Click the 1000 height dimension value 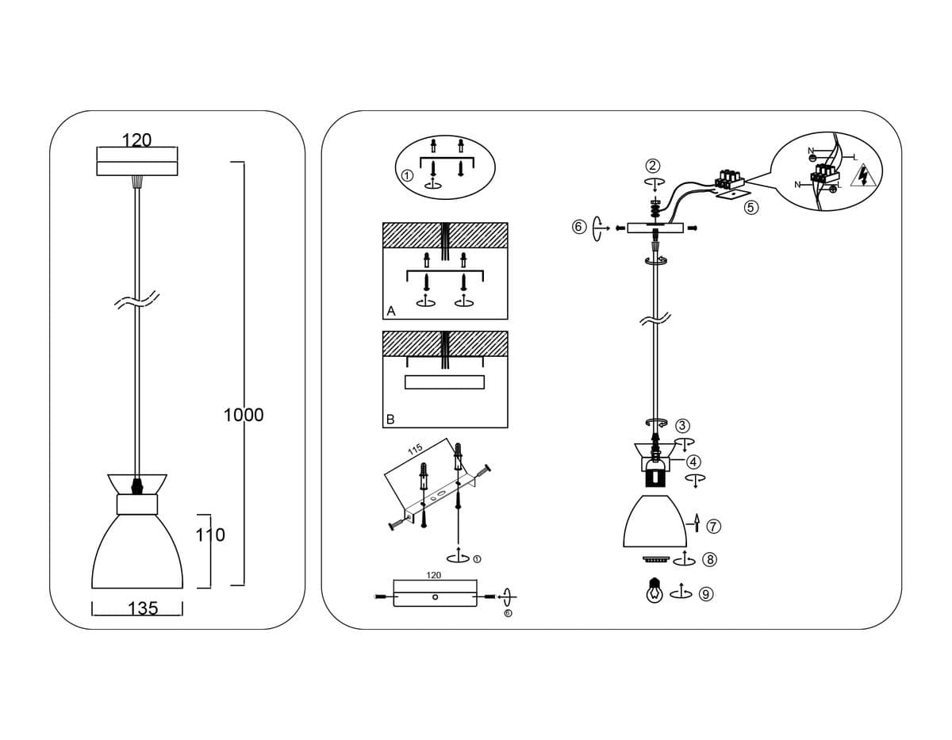click(x=244, y=415)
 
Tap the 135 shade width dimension click(x=143, y=608)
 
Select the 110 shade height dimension click(x=210, y=535)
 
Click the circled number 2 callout click(x=652, y=166)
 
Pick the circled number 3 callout click(x=682, y=426)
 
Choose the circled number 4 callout click(x=693, y=462)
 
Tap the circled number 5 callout click(x=751, y=207)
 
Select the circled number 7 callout click(x=713, y=525)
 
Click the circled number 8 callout click(x=710, y=560)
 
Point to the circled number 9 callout click(x=705, y=593)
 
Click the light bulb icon click(x=654, y=592)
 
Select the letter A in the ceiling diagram click(x=390, y=312)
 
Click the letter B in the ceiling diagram click(x=390, y=420)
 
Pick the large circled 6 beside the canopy click(x=579, y=228)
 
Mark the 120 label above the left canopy click(x=136, y=140)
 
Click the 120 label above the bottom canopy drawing click(x=434, y=575)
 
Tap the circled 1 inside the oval click(x=407, y=175)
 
